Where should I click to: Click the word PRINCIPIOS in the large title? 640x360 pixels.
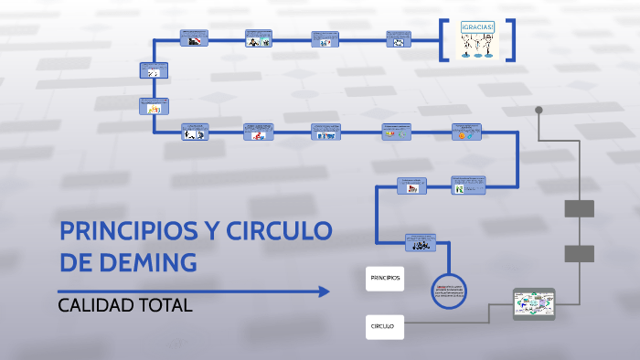tap(128, 231)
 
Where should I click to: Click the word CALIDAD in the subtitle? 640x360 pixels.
tap(96, 306)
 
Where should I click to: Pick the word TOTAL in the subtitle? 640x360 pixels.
tap(166, 306)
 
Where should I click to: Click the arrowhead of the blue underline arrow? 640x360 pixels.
tap(324, 291)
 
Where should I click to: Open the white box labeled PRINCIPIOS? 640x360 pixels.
tap(385, 276)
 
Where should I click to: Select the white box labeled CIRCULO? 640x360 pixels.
tap(384, 325)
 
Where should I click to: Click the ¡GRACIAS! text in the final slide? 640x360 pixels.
tap(478, 26)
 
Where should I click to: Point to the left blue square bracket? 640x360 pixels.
tap(443, 39)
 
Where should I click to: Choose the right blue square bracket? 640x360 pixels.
tap(511, 39)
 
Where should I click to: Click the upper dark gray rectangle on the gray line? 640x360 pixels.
tap(580, 208)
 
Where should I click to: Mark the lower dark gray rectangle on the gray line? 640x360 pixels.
tap(580, 253)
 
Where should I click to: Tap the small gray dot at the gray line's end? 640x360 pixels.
tap(539, 109)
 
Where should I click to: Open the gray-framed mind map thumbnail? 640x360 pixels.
tap(535, 302)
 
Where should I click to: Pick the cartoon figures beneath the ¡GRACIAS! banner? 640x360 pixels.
tap(478, 48)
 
